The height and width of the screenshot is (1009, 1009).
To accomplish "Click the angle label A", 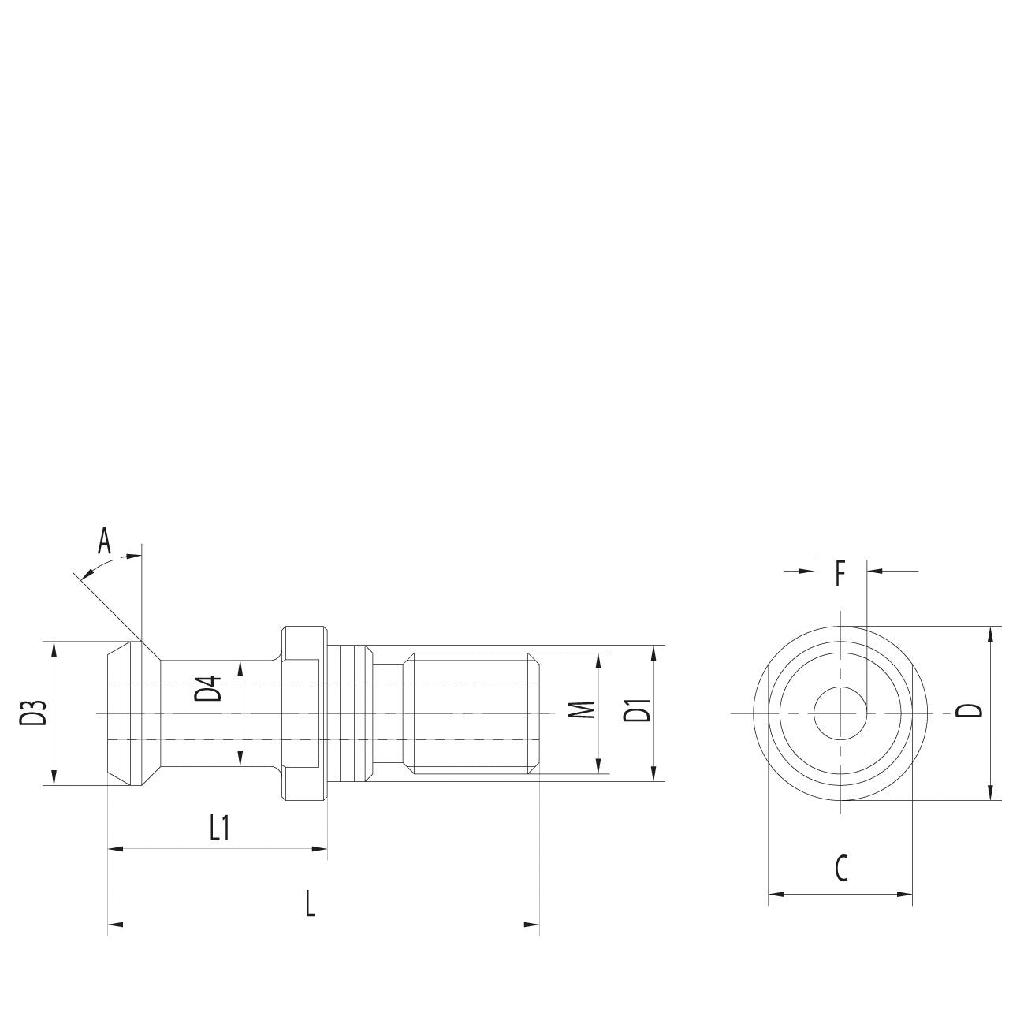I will (104, 542).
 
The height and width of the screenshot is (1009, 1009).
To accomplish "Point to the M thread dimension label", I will (581, 709).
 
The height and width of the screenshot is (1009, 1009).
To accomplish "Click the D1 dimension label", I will (637, 709).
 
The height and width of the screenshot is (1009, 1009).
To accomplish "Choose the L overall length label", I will (311, 903).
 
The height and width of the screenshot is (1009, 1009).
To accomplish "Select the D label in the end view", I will (975, 709).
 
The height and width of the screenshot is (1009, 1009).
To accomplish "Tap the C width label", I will (841, 869).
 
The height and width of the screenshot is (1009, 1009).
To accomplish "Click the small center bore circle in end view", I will (841, 713).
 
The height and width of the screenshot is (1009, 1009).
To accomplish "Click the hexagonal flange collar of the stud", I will (303, 713).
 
